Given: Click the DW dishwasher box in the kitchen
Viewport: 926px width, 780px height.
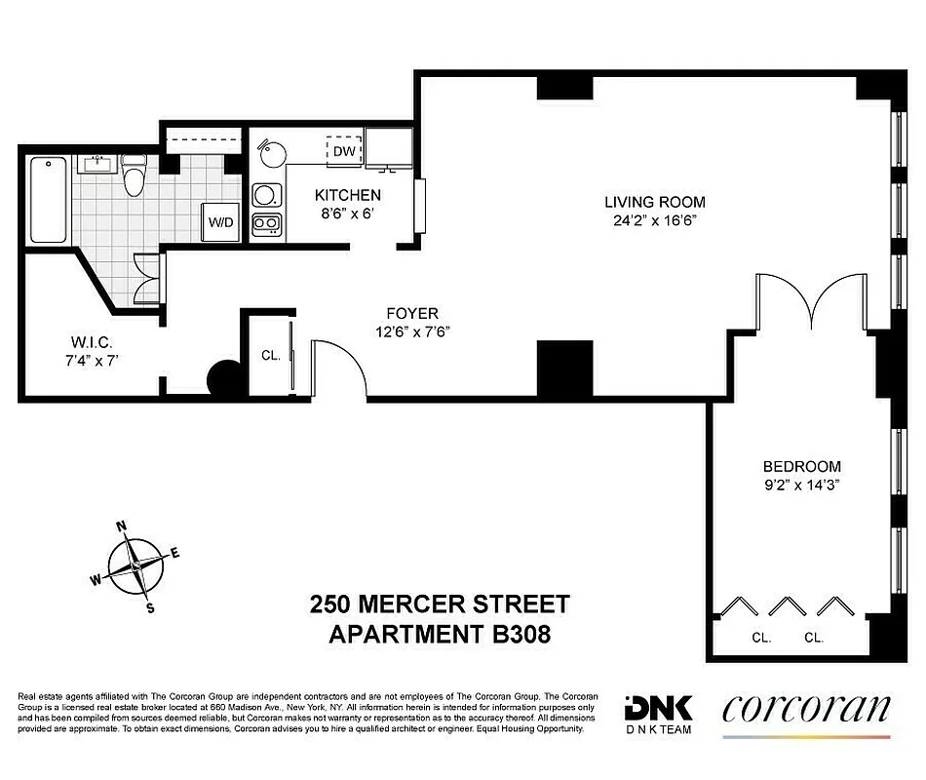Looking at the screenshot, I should pyautogui.click(x=343, y=151).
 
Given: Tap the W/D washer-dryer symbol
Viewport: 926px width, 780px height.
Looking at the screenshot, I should pyautogui.click(x=220, y=222).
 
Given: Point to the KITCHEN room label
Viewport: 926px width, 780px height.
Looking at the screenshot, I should pyautogui.click(x=347, y=195).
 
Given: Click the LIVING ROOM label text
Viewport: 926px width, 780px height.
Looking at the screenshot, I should pyautogui.click(x=654, y=202).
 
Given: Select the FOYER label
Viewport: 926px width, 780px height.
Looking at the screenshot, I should pyautogui.click(x=411, y=313).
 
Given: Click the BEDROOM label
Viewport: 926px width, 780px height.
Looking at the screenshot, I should pyautogui.click(x=801, y=466).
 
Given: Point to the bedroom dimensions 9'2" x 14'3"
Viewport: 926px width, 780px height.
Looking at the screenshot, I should pyautogui.click(x=801, y=484).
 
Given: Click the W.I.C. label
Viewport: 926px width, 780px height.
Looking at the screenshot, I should pyautogui.click(x=93, y=343).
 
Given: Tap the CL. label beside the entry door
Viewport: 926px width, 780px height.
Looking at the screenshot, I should pyautogui.click(x=271, y=356).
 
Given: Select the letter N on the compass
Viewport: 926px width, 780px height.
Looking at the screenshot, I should pyautogui.click(x=123, y=526).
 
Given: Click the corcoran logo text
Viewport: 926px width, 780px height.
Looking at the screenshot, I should pyautogui.click(x=805, y=710).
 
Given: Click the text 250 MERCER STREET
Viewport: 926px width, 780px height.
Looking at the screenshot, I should pyautogui.click(x=439, y=604).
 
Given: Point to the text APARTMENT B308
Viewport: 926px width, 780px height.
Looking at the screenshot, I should pyautogui.click(x=439, y=635).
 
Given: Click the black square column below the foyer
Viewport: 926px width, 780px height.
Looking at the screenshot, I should pyautogui.click(x=564, y=369).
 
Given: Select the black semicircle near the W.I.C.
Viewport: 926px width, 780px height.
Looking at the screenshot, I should pyautogui.click(x=224, y=379).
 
